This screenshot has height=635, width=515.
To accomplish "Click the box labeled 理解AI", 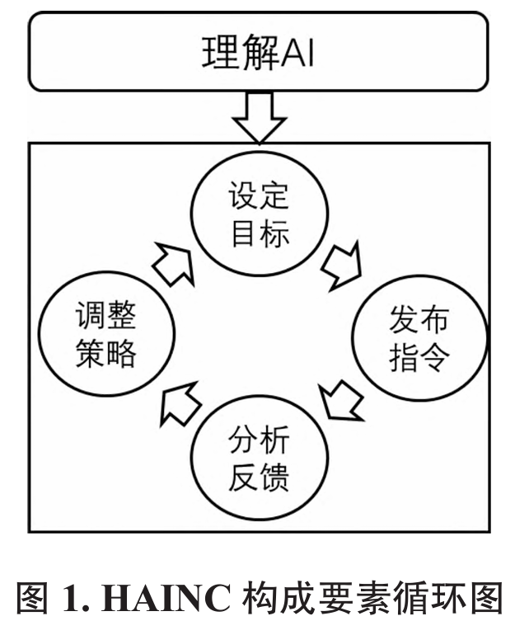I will pyautogui.click(x=257, y=52).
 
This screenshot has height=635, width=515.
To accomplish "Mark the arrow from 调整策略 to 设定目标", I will pyautogui.click(x=174, y=265).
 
